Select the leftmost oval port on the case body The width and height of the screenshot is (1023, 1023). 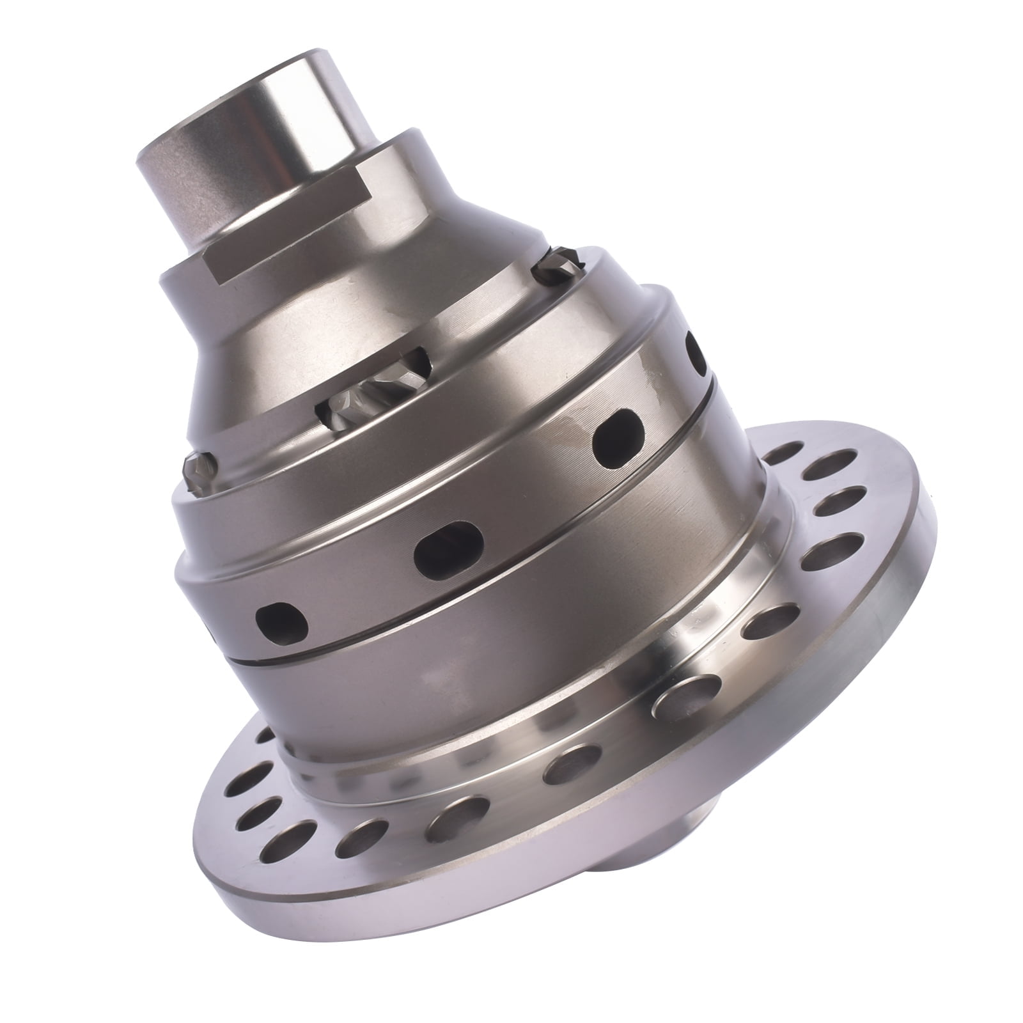tap(281, 618)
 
